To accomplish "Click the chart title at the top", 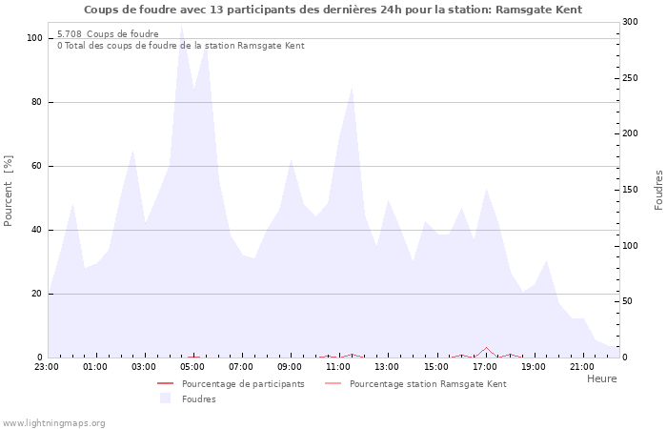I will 333,10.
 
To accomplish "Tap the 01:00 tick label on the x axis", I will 95,366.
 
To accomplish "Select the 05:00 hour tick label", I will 192,366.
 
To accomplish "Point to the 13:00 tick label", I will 387,366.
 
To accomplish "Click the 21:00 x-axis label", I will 581,366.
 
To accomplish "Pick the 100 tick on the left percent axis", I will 35,38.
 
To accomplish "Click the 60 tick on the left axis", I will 38,166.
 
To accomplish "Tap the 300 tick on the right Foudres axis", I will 629,22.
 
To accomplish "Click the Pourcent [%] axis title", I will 9,191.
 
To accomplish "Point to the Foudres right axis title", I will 658,190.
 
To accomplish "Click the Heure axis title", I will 601,378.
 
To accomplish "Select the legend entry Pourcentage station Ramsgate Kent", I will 428,384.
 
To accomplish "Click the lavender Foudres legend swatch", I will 166,398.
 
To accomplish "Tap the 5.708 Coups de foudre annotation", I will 108,34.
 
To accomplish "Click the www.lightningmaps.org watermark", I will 53,423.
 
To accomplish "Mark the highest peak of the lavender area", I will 181,26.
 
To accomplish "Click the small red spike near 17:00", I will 486,348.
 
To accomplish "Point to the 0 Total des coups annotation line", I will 180,46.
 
